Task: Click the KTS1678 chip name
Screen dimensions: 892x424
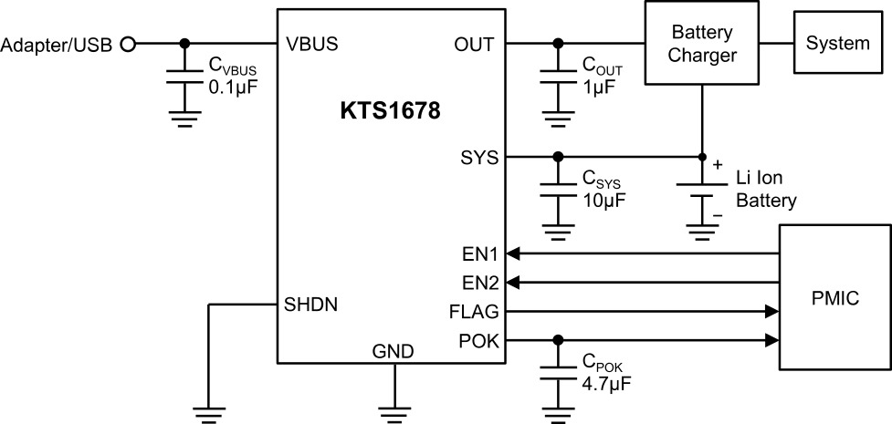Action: pos(391,111)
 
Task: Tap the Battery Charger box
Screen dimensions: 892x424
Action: pos(702,43)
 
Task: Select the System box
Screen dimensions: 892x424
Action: pos(838,43)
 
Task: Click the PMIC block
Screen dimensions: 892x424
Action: pos(835,297)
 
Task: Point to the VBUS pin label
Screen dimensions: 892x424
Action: pos(311,44)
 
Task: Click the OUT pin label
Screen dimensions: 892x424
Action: pos(475,44)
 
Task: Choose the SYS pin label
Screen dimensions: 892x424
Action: pos(479,158)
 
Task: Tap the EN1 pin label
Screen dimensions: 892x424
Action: pos(481,254)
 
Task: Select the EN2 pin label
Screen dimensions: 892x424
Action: pos(481,283)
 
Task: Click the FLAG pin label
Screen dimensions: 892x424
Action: pos(474,312)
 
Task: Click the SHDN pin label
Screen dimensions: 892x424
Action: pos(310,305)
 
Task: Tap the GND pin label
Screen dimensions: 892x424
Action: pos(393,352)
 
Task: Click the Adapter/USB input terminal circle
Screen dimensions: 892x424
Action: pos(129,44)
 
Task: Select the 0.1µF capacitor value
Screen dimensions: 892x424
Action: pos(230,88)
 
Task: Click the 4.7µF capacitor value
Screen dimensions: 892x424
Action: pos(606,382)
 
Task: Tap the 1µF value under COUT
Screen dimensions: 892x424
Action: pos(598,87)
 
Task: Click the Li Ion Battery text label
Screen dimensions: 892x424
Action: pos(767,190)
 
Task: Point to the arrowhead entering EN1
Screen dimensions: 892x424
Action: pos(512,254)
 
